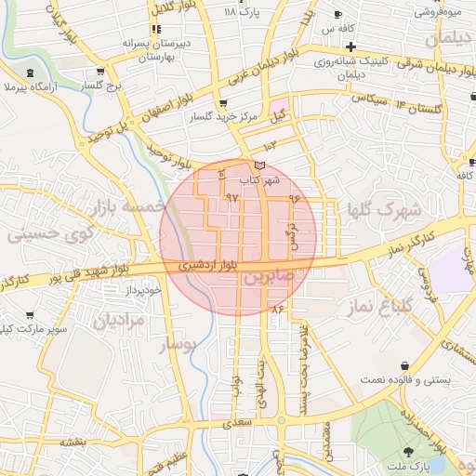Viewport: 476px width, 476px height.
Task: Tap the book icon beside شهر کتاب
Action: (258, 165)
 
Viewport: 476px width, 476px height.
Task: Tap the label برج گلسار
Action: (101, 84)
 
